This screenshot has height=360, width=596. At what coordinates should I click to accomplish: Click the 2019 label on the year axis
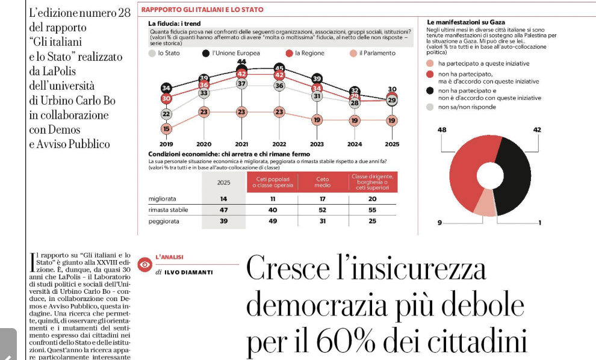point(166,144)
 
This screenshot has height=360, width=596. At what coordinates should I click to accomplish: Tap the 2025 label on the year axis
point(391,144)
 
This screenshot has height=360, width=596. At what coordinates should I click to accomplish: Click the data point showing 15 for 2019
point(166,128)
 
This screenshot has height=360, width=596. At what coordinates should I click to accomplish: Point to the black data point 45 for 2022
point(279,68)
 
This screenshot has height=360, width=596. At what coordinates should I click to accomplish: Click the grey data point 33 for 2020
point(204,93)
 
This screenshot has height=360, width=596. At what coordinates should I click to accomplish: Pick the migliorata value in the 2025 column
point(223,198)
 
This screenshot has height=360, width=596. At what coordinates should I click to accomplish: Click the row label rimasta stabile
point(168,209)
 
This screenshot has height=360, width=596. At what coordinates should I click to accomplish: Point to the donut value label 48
point(442,129)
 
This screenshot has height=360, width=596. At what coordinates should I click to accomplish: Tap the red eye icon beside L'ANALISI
point(144,264)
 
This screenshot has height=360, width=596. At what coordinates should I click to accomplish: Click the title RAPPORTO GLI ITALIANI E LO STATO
point(202,10)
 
